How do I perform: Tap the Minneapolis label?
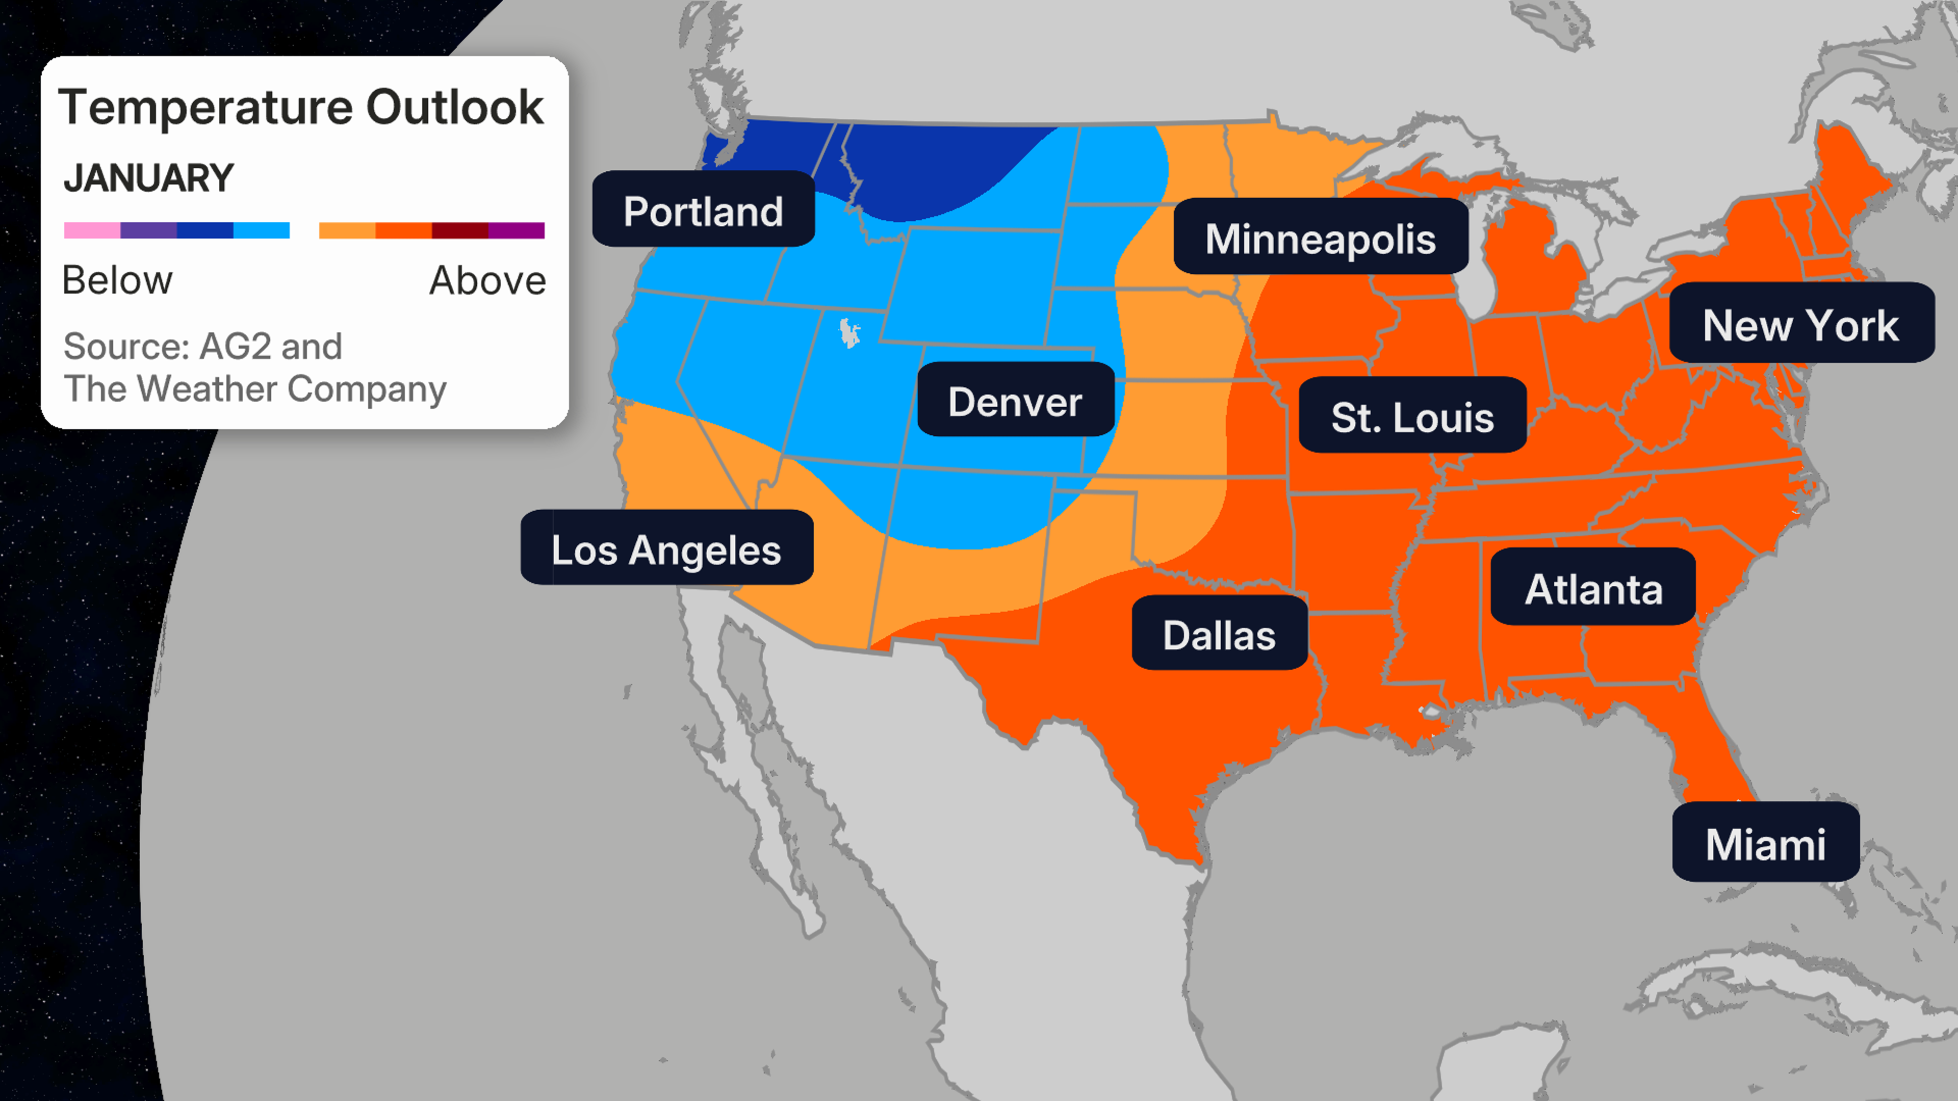click(x=1320, y=238)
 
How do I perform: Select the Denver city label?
click(x=1016, y=401)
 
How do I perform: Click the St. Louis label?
click(x=1412, y=416)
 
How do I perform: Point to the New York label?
click(x=1800, y=325)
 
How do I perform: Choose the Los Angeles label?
click(x=666, y=548)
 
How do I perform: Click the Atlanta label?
click(x=1593, y=588)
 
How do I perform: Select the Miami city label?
click(x=1765, y=844)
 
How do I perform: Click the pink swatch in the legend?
click(x=92, y=230)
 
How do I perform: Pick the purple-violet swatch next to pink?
click(x=149, y=230)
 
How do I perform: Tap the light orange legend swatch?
click(x=347, y=230)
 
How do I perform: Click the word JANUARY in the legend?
click(x=149, y=178)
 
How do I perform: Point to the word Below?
click(x=117, y=280)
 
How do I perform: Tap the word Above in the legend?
click(x=487, y=280)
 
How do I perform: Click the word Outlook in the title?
click(x=454, y=107)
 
